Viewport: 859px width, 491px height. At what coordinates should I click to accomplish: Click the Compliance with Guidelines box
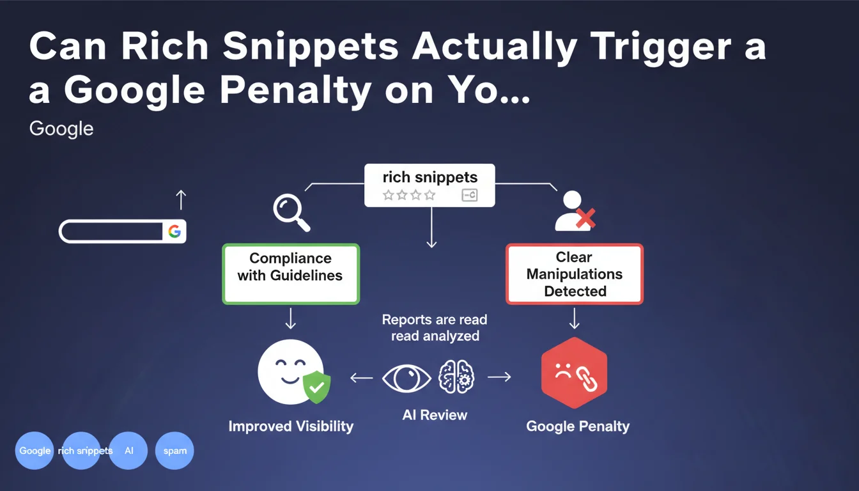pos(291,274)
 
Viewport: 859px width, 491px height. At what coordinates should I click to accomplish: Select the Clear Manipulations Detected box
pos(575,274)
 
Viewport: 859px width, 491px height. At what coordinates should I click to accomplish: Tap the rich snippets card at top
pos(429,185)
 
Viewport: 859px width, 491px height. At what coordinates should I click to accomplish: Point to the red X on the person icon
pos(585,218)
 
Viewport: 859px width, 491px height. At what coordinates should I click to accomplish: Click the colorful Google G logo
pos(174,231)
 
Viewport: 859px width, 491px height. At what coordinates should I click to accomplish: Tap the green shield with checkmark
pos(317,387)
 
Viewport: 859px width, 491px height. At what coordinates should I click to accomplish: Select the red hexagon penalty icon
pos(574,373)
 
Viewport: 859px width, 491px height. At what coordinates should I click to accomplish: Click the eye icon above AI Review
pos(406,378)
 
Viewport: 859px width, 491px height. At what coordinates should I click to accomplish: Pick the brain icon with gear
pos(456,377)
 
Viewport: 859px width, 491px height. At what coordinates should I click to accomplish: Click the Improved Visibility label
pos(291,426)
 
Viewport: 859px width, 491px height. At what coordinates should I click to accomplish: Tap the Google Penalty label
pos(578,426)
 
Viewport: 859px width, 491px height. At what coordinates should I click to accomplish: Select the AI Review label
pos(435,415)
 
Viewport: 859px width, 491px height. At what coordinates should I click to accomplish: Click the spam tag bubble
pos(174,451)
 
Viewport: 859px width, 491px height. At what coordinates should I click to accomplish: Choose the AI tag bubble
pos(128,451)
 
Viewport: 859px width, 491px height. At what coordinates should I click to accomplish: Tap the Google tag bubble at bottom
pos(35,451)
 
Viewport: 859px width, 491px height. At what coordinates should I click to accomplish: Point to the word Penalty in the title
pos(295,91)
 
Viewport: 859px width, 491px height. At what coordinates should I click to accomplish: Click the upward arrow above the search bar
pos(181,200)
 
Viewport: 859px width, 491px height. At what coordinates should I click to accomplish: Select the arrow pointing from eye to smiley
pos(362,378)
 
